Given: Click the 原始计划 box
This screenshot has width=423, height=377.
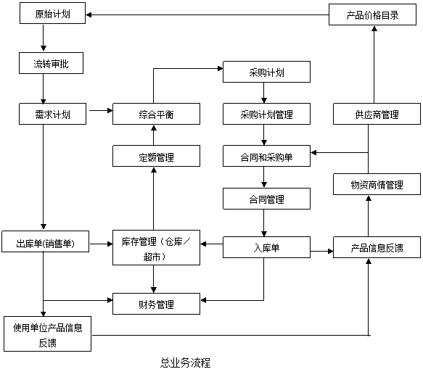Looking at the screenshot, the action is pos(53,13).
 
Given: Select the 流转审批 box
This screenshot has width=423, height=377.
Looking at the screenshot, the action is pos(51,63).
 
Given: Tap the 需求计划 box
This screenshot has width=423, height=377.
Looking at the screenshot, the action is pos(53,114).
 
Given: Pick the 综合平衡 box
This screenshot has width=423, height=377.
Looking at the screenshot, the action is pos(156,114).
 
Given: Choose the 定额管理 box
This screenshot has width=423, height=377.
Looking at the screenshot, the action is pos(156,156).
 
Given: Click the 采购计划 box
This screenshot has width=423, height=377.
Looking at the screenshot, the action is pos(266,72).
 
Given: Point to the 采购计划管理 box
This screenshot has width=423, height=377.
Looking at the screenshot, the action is pos(266,114).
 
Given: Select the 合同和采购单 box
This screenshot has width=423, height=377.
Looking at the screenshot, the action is pos(266,156).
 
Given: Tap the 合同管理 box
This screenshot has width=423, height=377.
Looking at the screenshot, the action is pos(266,199).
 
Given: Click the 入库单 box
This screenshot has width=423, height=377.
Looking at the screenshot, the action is pos(266,247).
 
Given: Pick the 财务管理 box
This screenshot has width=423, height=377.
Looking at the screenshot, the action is pos(156,304).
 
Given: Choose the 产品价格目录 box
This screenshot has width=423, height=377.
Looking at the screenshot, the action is pos(372,14).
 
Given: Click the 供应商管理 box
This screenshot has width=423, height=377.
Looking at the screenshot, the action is pos(377,114).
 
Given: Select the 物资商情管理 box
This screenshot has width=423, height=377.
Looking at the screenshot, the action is pos(377,184).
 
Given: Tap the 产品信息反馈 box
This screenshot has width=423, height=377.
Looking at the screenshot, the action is pos(377,247).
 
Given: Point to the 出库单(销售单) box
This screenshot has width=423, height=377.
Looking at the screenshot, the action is pos(45,241).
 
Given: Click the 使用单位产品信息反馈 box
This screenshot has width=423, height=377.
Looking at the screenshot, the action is pos(47,334).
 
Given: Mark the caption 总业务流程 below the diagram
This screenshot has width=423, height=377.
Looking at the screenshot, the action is pos(185,362).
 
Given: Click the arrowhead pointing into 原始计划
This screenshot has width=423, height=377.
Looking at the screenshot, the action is pos(89,14).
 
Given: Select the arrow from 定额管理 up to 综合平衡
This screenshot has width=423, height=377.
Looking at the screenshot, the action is pos(154,136).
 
